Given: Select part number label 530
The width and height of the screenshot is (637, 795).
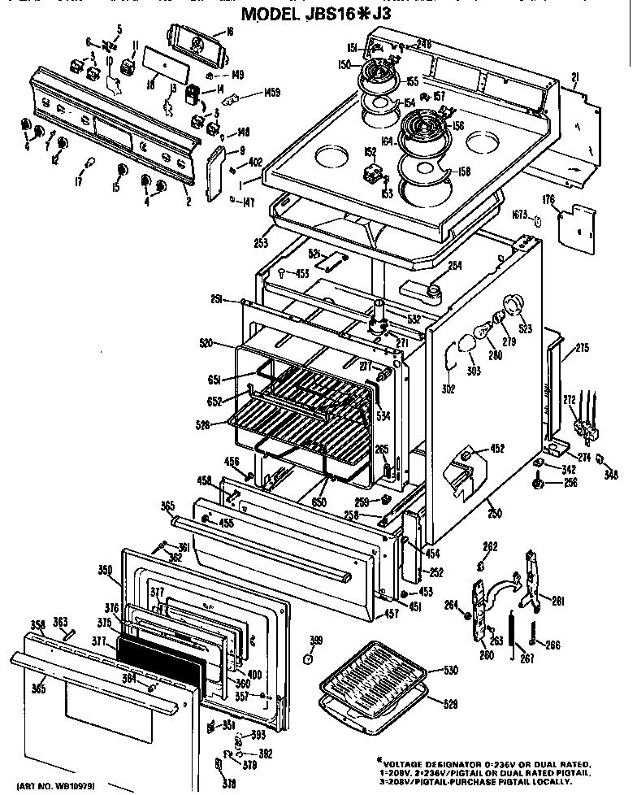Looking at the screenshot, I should click(450, 671).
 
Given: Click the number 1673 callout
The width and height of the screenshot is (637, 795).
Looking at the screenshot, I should click(520, 214).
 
